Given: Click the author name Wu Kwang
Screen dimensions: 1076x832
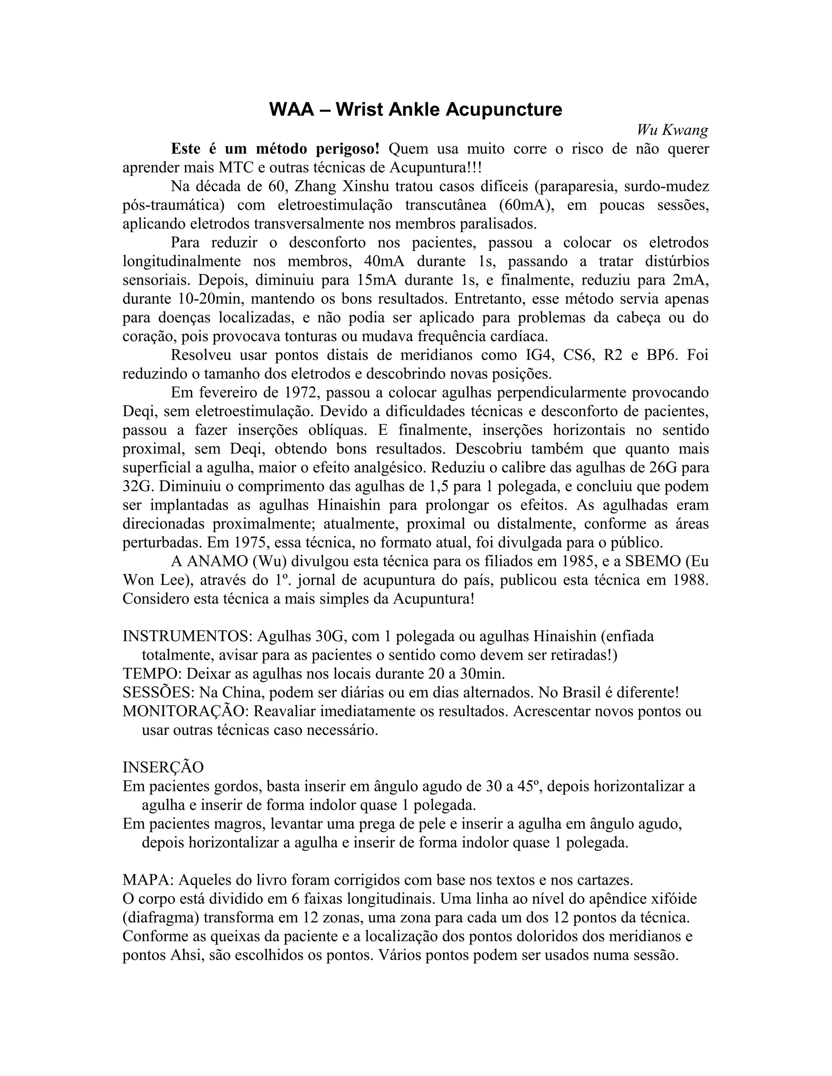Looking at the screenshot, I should (672, 130).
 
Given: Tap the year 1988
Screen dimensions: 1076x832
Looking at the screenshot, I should (690, 580).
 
